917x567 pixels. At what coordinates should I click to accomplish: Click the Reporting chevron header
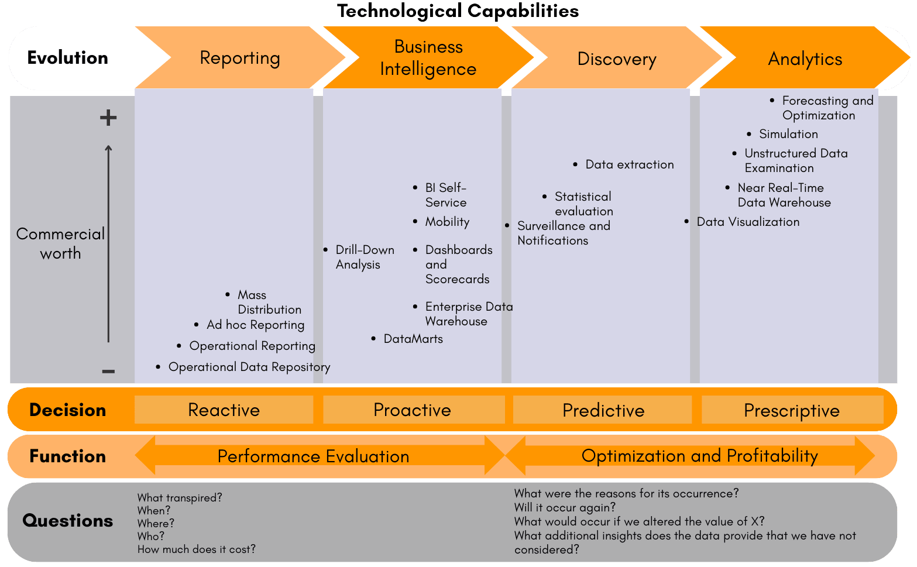coord(240,58)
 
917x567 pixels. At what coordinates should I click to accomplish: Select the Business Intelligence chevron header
coord(428,58)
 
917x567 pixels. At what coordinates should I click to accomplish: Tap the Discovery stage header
coord(617,59)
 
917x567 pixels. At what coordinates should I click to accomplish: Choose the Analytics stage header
coord(805,59)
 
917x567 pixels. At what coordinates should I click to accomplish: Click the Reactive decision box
coord(224,410)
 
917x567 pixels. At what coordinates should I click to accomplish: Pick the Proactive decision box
coord(412,410)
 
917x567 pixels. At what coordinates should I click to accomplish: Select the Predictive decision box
coord(603,410)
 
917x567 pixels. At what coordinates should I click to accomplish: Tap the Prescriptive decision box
coord(791,410)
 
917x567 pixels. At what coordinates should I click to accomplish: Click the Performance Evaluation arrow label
coord(313,456)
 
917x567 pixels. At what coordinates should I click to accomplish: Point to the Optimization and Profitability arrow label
coord(699,456)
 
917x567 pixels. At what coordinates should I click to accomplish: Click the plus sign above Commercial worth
coord(108,118)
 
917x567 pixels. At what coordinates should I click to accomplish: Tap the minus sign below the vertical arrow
coord(108,372)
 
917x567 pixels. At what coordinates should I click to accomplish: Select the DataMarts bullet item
coord(413,339)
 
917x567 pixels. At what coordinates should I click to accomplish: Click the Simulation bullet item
coord(788,134)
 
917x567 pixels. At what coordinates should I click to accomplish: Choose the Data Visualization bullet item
coord(747,222)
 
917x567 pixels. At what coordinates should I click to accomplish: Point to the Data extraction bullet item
coord(629,164)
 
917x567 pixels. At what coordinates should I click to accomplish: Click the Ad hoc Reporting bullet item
coord(255,325)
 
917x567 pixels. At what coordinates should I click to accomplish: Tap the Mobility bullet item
coord(447,222)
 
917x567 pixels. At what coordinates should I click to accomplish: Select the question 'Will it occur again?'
coord(565,507)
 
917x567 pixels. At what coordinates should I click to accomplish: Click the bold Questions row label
coord(68,520)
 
